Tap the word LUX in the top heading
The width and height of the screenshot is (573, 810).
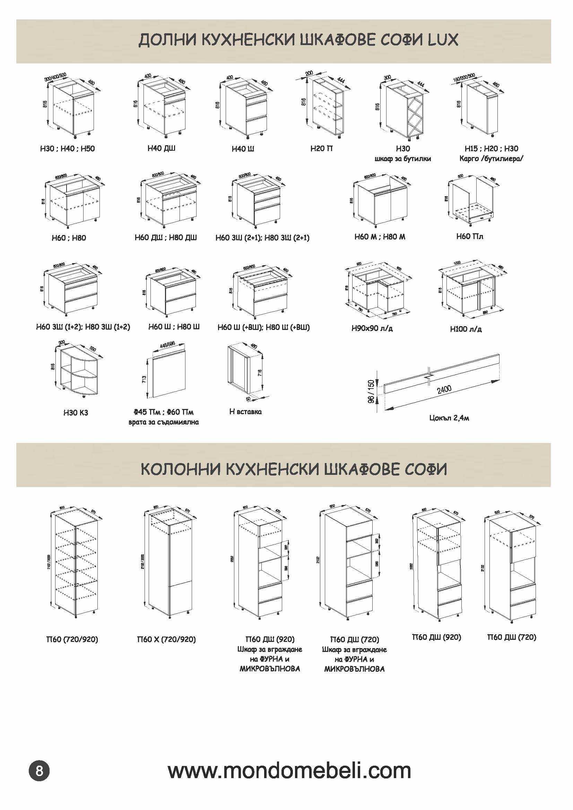click(443, 40)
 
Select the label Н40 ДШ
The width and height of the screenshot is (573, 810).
click(161, 148)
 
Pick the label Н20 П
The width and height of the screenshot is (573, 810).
click(321, 149)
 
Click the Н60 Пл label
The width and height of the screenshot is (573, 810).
click(470, 236)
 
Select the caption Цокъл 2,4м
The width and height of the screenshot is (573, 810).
click(449, 418)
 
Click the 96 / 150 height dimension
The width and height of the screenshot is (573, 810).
click(371, 392)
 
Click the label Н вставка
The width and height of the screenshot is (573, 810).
click(245, 411)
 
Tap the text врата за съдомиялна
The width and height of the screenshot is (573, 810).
click(163, 422)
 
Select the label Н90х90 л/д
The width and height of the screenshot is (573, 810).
click(372, 329)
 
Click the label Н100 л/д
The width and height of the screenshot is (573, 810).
click(466, 329)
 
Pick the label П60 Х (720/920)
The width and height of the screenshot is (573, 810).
click(166, 639)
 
